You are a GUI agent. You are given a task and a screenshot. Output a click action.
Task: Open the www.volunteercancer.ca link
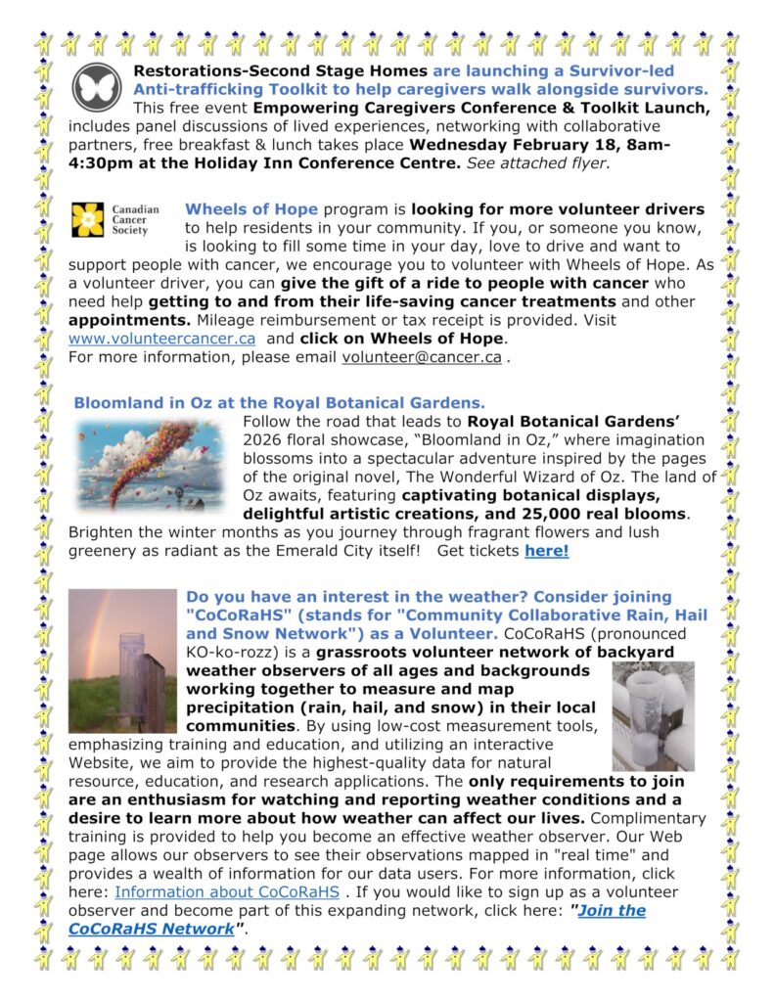(x=161, y=338)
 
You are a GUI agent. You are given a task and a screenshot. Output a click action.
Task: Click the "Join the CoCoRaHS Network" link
(x=357, y=919)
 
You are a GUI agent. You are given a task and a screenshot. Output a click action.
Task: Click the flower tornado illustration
(x=152, y=467)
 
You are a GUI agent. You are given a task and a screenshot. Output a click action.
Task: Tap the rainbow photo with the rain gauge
(x=121, y=660)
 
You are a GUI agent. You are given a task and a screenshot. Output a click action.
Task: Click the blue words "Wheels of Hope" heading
(x=251, y=209)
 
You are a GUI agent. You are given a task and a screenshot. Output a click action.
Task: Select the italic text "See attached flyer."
(x=539, y=162)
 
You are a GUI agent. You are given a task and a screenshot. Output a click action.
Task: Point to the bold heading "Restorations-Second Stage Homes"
(x=280, y=70)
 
